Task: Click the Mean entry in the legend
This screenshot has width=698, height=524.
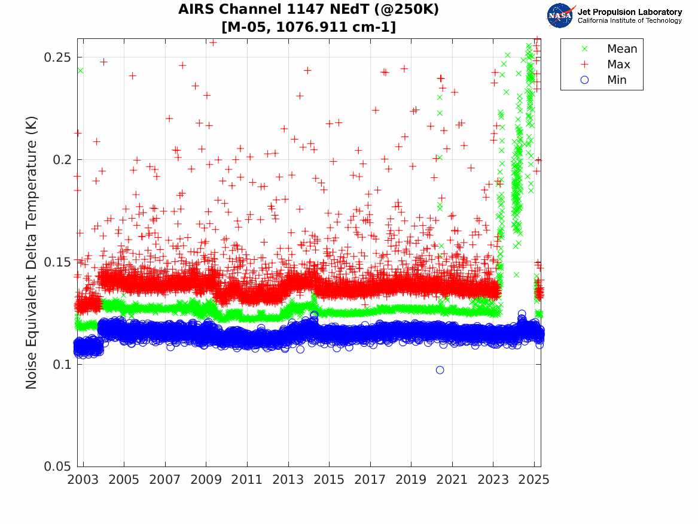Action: [x=621, y=49]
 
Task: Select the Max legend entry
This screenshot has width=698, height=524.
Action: [x=618, y=65]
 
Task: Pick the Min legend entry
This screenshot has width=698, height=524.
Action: [x=617, y=80]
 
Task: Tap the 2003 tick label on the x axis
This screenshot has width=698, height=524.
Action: [x=83, y=480]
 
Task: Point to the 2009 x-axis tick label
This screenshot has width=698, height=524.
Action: [x=206, y=480]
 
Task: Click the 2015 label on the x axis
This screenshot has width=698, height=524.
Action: [x=329, y=480]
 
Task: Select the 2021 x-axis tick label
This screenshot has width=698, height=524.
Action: [x=452, y=480]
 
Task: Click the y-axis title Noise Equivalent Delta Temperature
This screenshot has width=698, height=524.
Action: [x=32, y=253]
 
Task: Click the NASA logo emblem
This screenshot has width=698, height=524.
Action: [x=560, y=16]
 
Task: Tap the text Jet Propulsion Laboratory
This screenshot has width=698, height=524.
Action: [x=629, y=12]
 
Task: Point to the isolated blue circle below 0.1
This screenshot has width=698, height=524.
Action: [x=440, y=370]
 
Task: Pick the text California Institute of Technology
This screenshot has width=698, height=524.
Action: [x=629, y=21]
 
